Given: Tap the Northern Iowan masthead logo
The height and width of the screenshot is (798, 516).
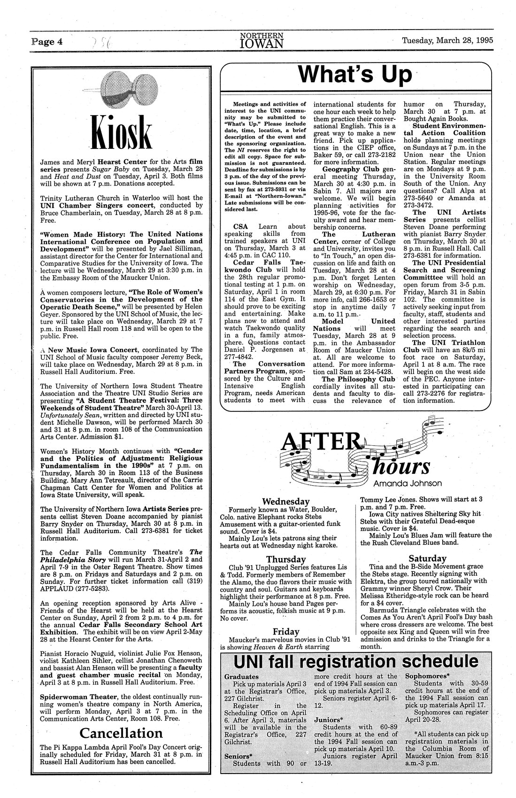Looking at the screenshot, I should (x=262, y=40).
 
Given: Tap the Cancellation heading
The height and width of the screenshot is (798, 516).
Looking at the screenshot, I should (x=121, y=733).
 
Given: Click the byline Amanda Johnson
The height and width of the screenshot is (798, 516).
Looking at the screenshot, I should (x=408, y=483).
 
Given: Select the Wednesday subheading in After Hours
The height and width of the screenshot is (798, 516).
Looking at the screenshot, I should (x=285, y=501).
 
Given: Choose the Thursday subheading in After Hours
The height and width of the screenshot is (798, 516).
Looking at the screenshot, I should (x=286, y=559).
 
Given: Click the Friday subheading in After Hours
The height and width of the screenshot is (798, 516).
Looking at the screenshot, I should (x=286, y=631).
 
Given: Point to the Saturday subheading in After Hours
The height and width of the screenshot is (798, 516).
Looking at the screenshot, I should (x=427, y=558).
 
